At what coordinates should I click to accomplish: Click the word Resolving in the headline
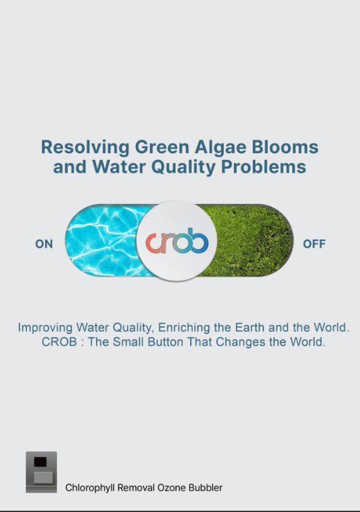(x=85, y=147)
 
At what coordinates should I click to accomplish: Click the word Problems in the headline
(x=263, y=166)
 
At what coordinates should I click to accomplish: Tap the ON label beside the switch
(x=44, y=244)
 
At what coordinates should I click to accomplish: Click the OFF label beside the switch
(x=314, y=244)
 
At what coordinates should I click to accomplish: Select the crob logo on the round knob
(x=177, y=241)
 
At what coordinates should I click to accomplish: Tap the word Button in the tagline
(x=166, y=342)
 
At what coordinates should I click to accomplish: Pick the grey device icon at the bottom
(x=41, y=472)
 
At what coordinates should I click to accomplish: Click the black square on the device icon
(x=41, y=462)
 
